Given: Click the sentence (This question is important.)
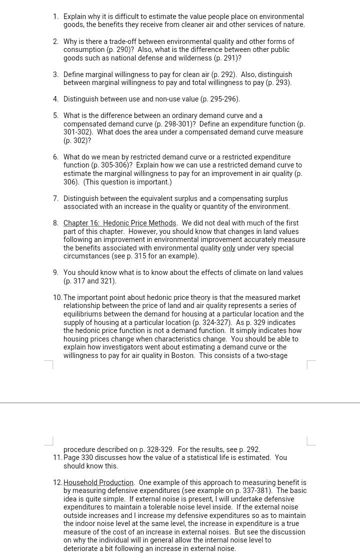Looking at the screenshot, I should click(x=127, y=182).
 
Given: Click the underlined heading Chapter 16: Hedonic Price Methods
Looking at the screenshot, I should click(x=120, y=223).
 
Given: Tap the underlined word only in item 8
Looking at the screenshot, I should click(x=228, y=248).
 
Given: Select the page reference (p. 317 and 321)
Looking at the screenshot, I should click(x=90, y=281).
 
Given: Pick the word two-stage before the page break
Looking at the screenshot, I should click(x=270, y=355).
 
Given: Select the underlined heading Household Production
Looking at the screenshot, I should click(x=98, y=482).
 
